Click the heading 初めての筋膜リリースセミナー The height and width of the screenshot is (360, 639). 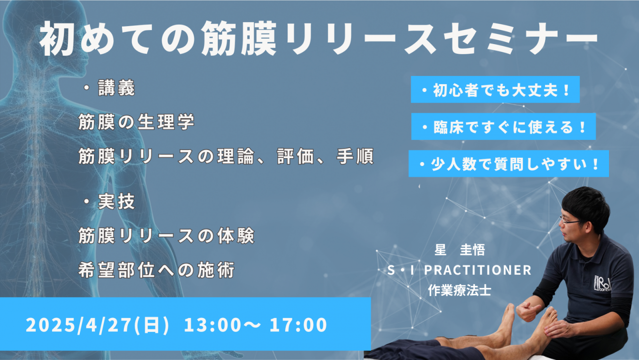pyautogui.click(x=319, y=38)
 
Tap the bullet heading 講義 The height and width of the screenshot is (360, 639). pyautogui.click(x=108, y=88)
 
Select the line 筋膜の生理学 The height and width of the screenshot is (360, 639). pyautogui.click(x=137, y=122)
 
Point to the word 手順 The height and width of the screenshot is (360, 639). pyautogui.click(x=355, y=156)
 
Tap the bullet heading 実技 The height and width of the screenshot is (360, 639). pyautogui.click(x=108, y=201)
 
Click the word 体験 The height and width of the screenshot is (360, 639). pyautogui.click(x=236, y=236)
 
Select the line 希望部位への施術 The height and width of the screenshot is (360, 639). pyautogui.click(x=156, y=270)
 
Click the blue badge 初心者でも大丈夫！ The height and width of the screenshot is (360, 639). pyautogui.click(x=495, y=90)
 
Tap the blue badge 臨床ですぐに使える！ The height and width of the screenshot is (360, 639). pyautogui.click(x=503, y=127)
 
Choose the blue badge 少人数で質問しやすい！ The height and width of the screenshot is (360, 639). pyautogui.click(x=509, y=164)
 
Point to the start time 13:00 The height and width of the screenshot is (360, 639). pyautogui.click(x=213, y=325)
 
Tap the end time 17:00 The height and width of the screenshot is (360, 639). pyautogui.click(x=298, y=325)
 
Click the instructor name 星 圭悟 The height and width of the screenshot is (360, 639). pyautogui.click(x=459, y=250)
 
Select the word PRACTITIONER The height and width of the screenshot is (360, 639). pyautogui.click(x=478, y=270)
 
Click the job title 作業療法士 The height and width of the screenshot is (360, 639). pyautogui.click(x=459, y=290)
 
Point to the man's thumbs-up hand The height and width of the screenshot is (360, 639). pyautogui.click(x=528, y=311)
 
